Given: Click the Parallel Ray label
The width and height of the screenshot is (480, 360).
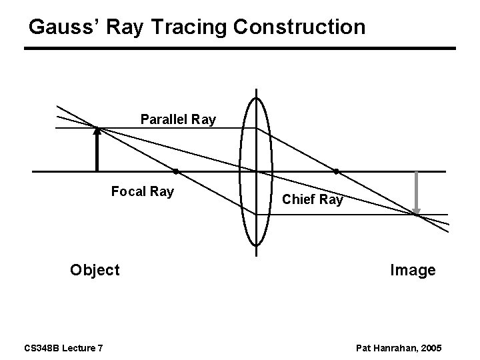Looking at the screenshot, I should tap(178, 120).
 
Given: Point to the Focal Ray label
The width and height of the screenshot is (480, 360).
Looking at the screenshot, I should tap(143, 192).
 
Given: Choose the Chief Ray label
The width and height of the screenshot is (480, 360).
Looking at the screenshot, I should tap(313, 199).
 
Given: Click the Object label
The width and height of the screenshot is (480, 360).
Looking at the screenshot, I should tap(95, 270).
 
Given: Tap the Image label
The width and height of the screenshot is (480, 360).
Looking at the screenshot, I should tap(413, 270).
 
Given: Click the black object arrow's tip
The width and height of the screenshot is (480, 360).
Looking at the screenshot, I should tap(97, 129).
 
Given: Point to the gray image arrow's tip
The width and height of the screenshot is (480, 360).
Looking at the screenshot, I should tap(416, 213).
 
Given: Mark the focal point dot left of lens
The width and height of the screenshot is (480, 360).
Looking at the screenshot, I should tap(175, 171).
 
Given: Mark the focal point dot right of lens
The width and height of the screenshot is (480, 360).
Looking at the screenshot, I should tap(336, 171).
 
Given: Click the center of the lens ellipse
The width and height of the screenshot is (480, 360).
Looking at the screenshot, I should tap(257, 171).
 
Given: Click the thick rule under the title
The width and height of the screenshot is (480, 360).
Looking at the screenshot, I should tap(240, 48).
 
